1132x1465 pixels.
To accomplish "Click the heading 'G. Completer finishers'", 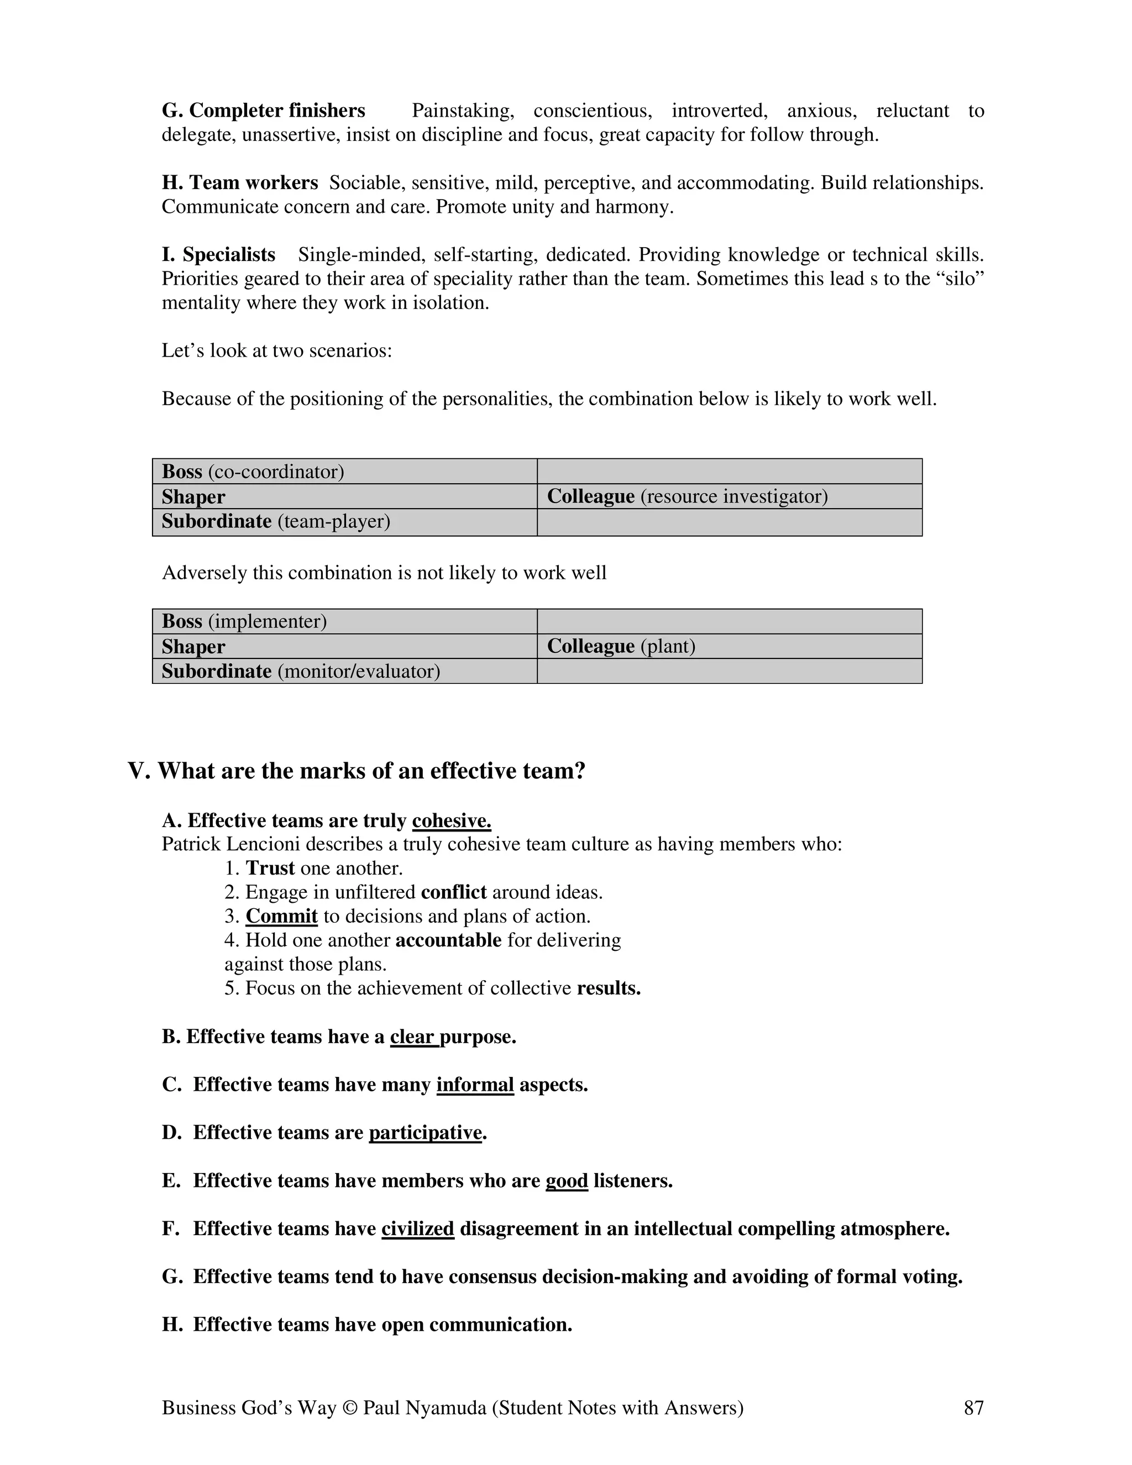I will (264, 111).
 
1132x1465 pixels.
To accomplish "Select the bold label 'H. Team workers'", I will (239, 182).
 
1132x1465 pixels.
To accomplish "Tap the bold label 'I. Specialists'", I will (219, 255).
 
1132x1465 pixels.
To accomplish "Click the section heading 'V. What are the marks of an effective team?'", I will (356, 771).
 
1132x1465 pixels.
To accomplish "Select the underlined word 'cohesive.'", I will (452, 821).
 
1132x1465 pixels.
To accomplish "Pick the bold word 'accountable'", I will (448, 940).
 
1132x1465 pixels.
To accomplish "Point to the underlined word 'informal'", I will (475, 1085).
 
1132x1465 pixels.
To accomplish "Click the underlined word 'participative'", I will (425, 1133).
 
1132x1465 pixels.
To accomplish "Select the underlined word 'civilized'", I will (418, 1229).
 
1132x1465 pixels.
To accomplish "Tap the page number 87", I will (973, 1408).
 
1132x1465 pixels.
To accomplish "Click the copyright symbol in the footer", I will (349, 1408).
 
